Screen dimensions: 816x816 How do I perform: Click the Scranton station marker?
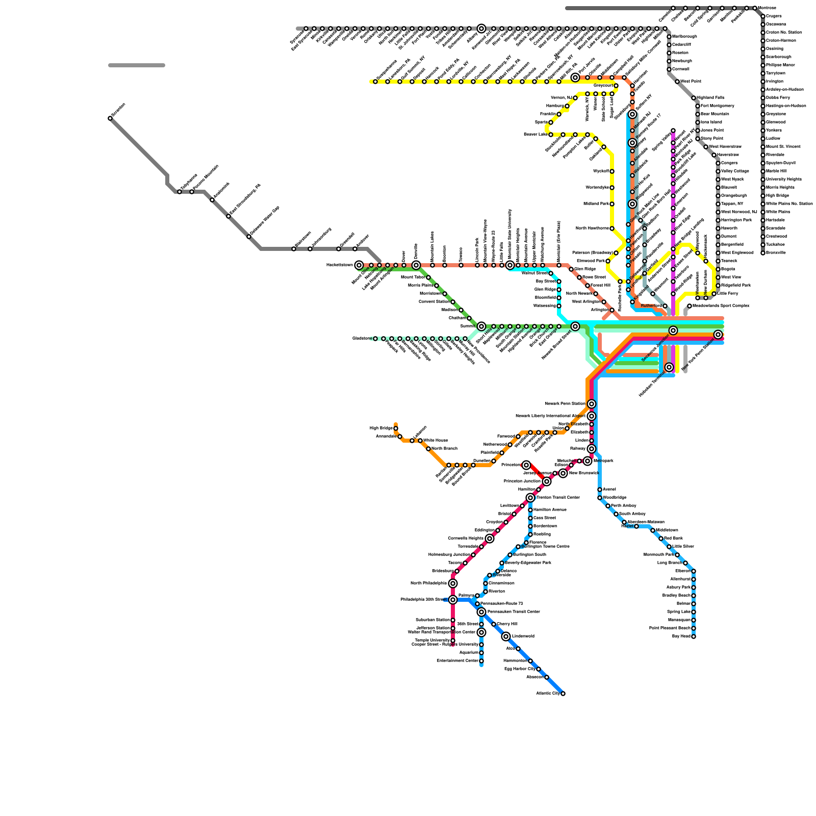click(x=110, y=118)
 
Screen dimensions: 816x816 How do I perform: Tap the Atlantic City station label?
click(x=548, y=694)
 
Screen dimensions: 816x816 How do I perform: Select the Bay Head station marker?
click(x=694, y=636)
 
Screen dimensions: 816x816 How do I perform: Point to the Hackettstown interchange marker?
click(x=359, y=265)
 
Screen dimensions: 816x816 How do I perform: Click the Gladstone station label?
click(x=361, y=339)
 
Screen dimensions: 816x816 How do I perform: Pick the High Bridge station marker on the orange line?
click(x=396, y=428)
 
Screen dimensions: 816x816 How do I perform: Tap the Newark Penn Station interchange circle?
click(x=592, y=404)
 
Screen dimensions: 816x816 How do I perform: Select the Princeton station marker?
click(x=526, y=465)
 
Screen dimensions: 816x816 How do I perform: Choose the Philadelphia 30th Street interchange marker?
click(x=453, y=600)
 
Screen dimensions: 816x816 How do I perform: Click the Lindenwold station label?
click(x=523, y=636)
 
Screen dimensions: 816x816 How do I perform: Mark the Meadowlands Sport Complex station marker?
click(x=690, y=306)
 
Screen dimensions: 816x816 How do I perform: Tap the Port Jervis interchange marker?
click(x=575, y=78)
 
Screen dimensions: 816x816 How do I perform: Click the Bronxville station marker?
click(x=763, y=253)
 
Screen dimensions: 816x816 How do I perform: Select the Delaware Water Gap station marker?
click(x=249, y=237)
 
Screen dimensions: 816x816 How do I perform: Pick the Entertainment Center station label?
click(x=457, y=661)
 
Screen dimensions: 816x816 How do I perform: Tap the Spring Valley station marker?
click(x=673, y=131)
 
